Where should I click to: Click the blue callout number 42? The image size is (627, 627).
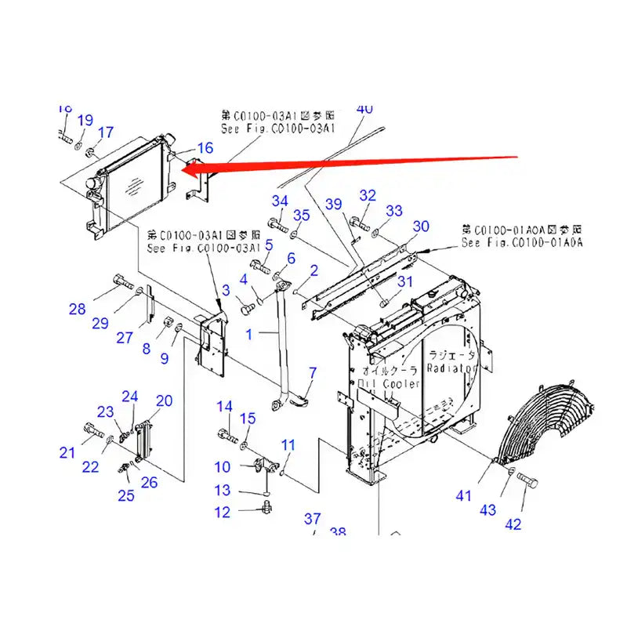point(513,524)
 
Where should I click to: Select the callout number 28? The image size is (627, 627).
point(77,310)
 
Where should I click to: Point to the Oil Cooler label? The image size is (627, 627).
point(389,384)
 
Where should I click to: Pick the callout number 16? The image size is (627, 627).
point(205,147)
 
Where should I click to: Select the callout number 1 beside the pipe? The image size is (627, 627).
point(250,334)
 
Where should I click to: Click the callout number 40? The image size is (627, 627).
point(364,109)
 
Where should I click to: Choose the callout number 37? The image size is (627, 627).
point(313,518)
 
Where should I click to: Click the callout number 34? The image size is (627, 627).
point(280,201)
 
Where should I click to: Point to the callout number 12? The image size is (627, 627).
point(223,513)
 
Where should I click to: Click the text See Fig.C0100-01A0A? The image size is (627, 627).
point(523,244)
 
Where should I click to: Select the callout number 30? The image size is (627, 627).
point(421,227)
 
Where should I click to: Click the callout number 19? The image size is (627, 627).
point(85,120)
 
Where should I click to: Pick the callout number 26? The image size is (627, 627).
point(150,482)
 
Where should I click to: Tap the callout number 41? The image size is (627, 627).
point(465,495)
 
